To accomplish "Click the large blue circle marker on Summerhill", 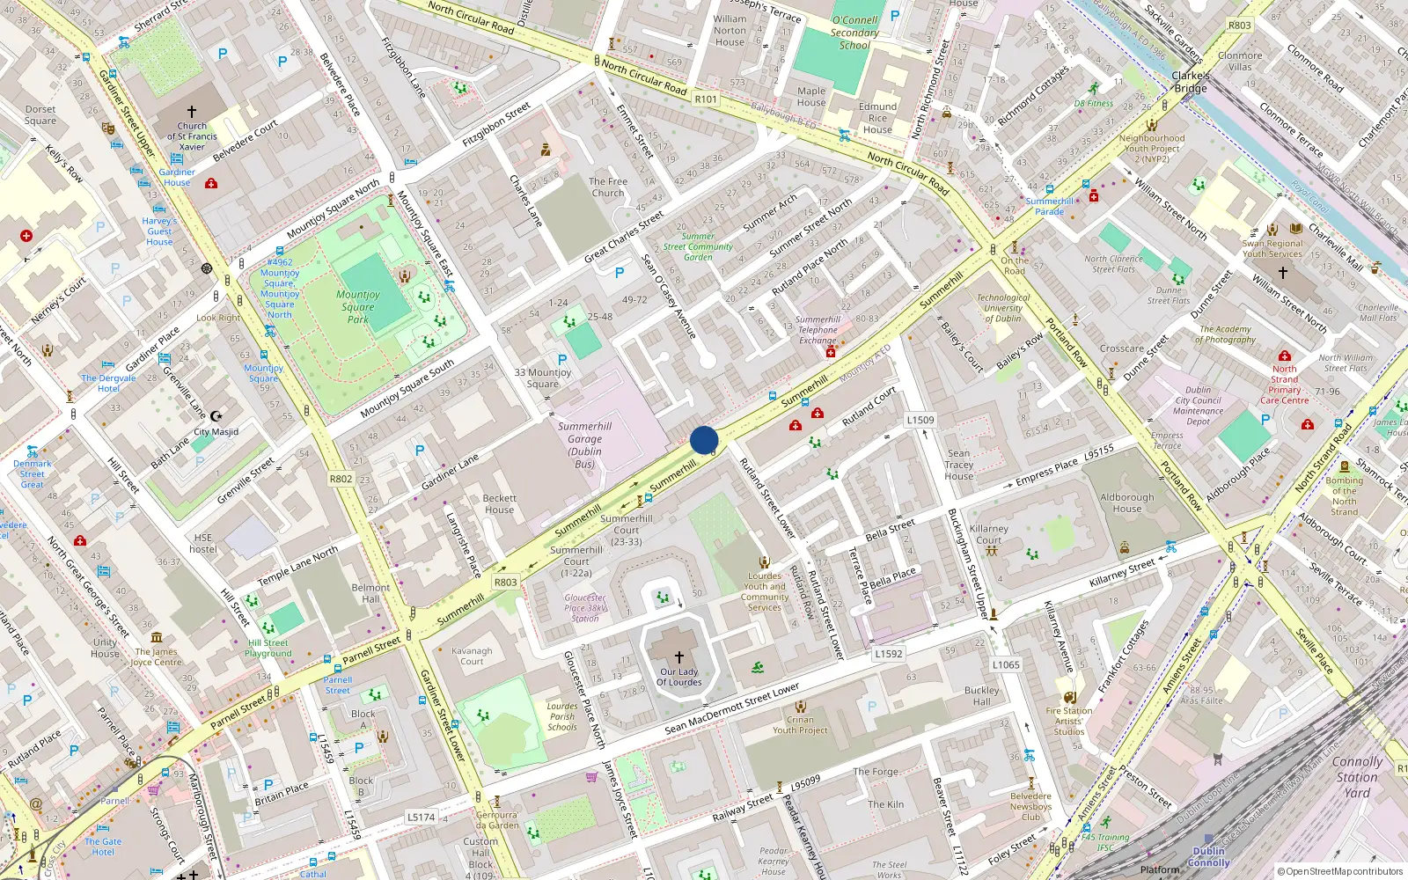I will [704, 440].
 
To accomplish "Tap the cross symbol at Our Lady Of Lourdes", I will [679, 656].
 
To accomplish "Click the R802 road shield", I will [341, 479].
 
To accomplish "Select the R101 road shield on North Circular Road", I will [706, 99].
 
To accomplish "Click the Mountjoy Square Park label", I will [358, 307].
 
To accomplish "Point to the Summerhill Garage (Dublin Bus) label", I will [584, 444].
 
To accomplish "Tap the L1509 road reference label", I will [920, 420].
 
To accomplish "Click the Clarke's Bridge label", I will [1190, 82].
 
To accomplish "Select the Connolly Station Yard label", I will [1357, 777].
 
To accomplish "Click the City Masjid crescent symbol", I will [216, 415].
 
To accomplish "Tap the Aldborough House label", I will [1126, 502].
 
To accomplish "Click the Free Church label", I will [608, 187].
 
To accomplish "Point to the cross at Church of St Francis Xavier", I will [192, 112].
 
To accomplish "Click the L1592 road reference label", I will [889, 654].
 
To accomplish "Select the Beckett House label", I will [499, 503].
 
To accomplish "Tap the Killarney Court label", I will [989, 534].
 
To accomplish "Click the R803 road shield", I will [506, 582].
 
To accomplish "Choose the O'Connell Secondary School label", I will [854, 33].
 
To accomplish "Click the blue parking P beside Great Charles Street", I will [620, 274].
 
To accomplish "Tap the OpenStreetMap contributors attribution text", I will [1340, 871].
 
